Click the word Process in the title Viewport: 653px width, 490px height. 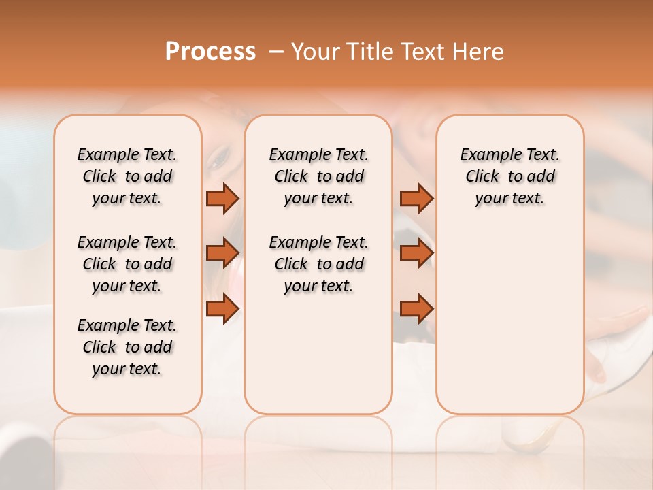pos(210,52)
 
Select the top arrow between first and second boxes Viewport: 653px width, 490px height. pos(222,198)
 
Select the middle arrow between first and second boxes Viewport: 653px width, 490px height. pos(222,253)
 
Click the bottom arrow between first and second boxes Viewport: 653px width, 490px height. pos(222,308)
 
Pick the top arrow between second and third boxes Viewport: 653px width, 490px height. pos(416,198)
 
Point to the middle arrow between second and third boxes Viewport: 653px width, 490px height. pos(416,253)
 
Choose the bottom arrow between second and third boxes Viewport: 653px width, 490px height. pos(416,308)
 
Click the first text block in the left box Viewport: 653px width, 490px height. pos(127,176)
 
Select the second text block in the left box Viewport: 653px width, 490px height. pos(127,264)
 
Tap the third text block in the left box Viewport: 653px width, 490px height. pos(127,347)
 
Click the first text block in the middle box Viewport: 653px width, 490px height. pos(318,176)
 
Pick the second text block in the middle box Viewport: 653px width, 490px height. pos(318,264)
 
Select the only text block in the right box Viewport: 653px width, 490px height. pos(509,176)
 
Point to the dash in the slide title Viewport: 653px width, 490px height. pos(276,52)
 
